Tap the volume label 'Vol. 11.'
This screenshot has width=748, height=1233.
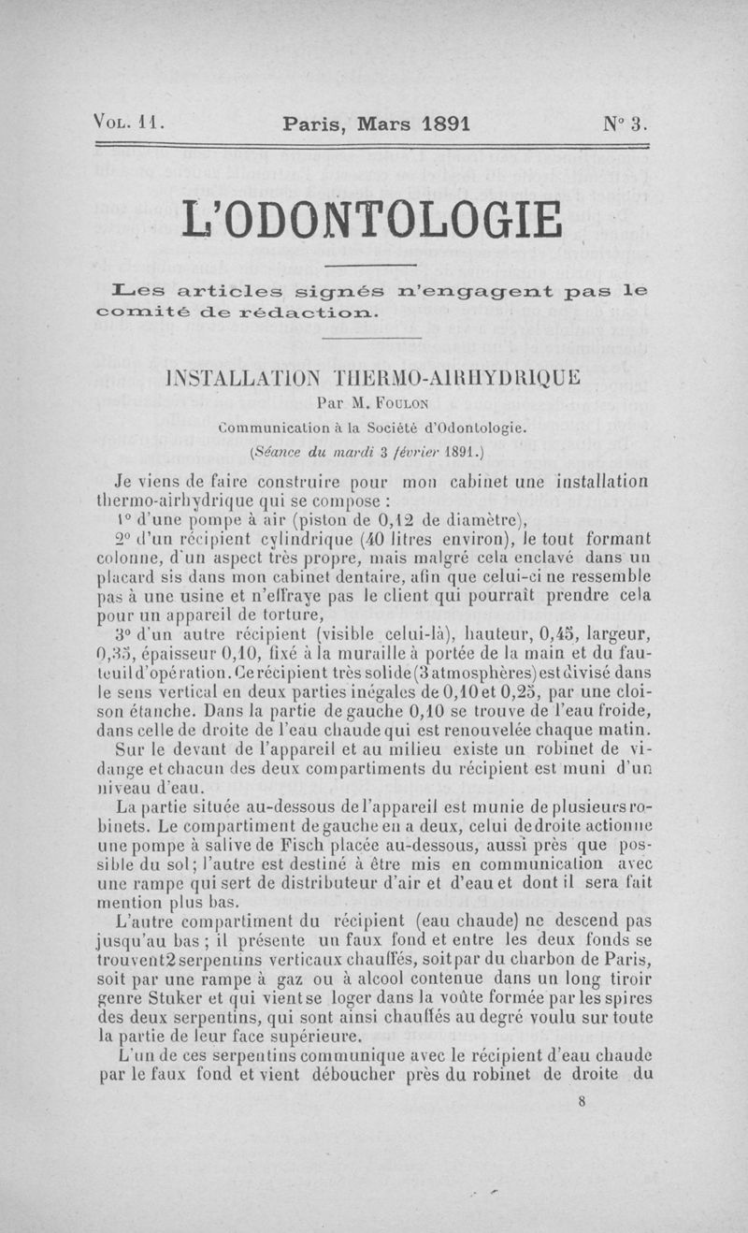[x=129, y=122]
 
